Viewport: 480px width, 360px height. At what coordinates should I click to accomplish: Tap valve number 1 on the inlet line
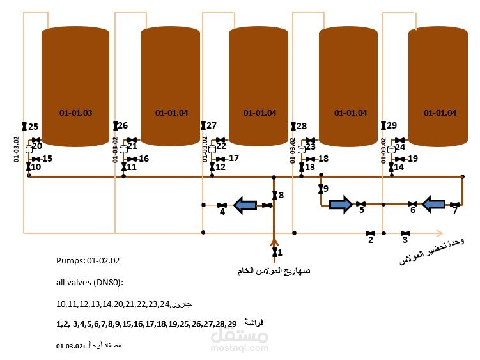pos(274,253)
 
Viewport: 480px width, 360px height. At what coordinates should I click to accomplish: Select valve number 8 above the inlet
pos(274,194)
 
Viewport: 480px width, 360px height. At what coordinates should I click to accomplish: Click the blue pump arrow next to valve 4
pos(245,205)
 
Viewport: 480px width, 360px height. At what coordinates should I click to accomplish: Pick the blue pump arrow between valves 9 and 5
pos(340,205)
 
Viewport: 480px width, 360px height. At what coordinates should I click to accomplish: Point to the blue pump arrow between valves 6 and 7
pos(434,205)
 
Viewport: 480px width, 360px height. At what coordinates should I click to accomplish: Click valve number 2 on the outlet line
pos(369,233)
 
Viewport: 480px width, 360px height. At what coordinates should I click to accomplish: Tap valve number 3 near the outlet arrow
pos(405,233)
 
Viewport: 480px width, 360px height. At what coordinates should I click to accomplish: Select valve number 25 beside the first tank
pos(24,127)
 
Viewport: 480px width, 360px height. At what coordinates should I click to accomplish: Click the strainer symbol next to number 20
pos(28,149)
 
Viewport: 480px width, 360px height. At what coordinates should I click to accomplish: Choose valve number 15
pos(36,159)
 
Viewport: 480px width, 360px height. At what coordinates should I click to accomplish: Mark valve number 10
pos(28,167)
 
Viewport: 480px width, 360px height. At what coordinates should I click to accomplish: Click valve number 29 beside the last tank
pos(383,126)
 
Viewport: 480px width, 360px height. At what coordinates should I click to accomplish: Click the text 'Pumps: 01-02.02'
pos(88,261)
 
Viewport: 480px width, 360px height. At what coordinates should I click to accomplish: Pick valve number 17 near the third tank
pos(221,159)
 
